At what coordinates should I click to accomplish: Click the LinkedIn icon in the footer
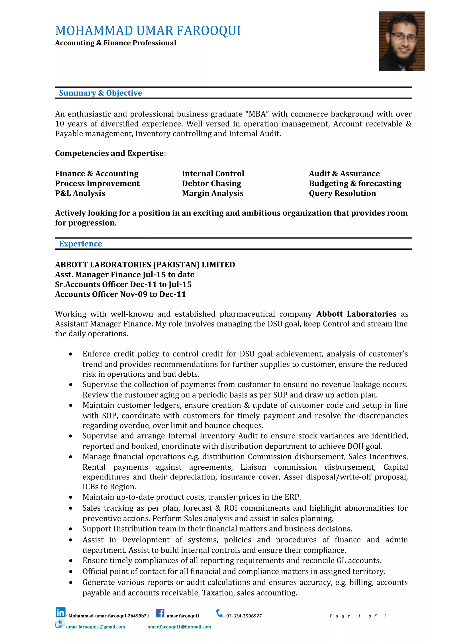[61, 612]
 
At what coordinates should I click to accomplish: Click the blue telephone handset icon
[219, 613]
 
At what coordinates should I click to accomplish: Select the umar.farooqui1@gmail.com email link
[95, 627]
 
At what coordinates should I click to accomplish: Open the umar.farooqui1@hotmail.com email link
[179, 627]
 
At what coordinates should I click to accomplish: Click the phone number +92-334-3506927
[243, 616]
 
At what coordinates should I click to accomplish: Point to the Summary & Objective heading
[100, 93]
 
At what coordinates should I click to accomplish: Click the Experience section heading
[80, 243]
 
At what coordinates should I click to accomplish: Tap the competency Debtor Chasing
[211, 183]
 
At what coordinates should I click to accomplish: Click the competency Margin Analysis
[213, 193]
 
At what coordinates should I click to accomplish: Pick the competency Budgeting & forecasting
[355, 183]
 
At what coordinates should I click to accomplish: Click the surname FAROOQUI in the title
[208, 31]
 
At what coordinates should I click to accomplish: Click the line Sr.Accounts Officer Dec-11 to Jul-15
[123, 284]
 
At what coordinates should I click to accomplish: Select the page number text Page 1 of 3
[358, 616]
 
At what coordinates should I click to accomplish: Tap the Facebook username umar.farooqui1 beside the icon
[183, 616]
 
